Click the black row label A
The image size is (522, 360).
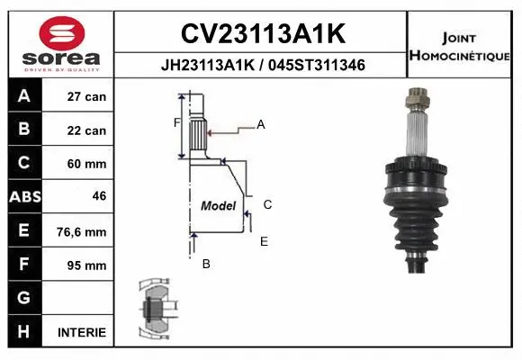pos(24,96)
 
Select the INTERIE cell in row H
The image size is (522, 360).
pos(82,332)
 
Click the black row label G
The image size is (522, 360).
pos(24,298)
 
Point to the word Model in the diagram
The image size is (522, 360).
pos(218,205)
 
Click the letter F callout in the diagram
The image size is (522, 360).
pos(176,121)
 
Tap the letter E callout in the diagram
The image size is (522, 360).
pos(264,241)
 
